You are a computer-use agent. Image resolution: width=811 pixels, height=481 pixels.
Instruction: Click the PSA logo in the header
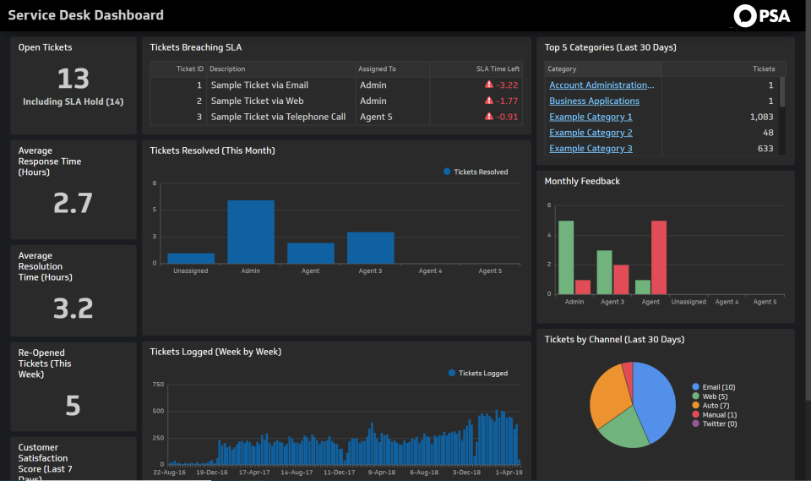tap(762, 15)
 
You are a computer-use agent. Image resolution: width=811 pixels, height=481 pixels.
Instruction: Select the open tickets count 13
tap(73, 79)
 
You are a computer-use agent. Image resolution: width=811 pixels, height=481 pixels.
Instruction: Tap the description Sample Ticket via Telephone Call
tap(278, 117)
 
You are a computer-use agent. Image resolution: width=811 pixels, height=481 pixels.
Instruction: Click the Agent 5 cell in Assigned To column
tap(376, 117)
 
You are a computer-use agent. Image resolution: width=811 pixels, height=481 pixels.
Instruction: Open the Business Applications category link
tap(594, 101)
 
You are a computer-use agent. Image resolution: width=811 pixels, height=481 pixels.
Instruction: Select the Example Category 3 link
tap(591, 149)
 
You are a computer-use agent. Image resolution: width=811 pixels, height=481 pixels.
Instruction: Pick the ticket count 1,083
tap(761, 117)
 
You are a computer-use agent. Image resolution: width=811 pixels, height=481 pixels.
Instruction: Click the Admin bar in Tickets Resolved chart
tap(251, 232)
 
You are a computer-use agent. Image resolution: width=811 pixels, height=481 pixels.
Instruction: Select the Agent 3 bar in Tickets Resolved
tap(370, 248)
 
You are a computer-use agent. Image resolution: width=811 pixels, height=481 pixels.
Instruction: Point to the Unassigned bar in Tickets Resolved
tap(191, 259)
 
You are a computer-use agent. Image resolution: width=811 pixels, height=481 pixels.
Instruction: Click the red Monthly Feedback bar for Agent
tap(659, 258)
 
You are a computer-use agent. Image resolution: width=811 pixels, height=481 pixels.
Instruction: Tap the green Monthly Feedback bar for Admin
tap(566, 258)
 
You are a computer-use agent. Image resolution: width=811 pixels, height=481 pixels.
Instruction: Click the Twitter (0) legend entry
tap(715, 424)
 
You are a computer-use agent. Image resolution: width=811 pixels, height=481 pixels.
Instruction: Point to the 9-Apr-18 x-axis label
tap(382, 473)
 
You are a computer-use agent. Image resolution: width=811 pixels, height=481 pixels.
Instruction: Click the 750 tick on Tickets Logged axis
tap(158, 385)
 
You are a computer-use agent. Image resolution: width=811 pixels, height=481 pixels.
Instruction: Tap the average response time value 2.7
tap(73, 203)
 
